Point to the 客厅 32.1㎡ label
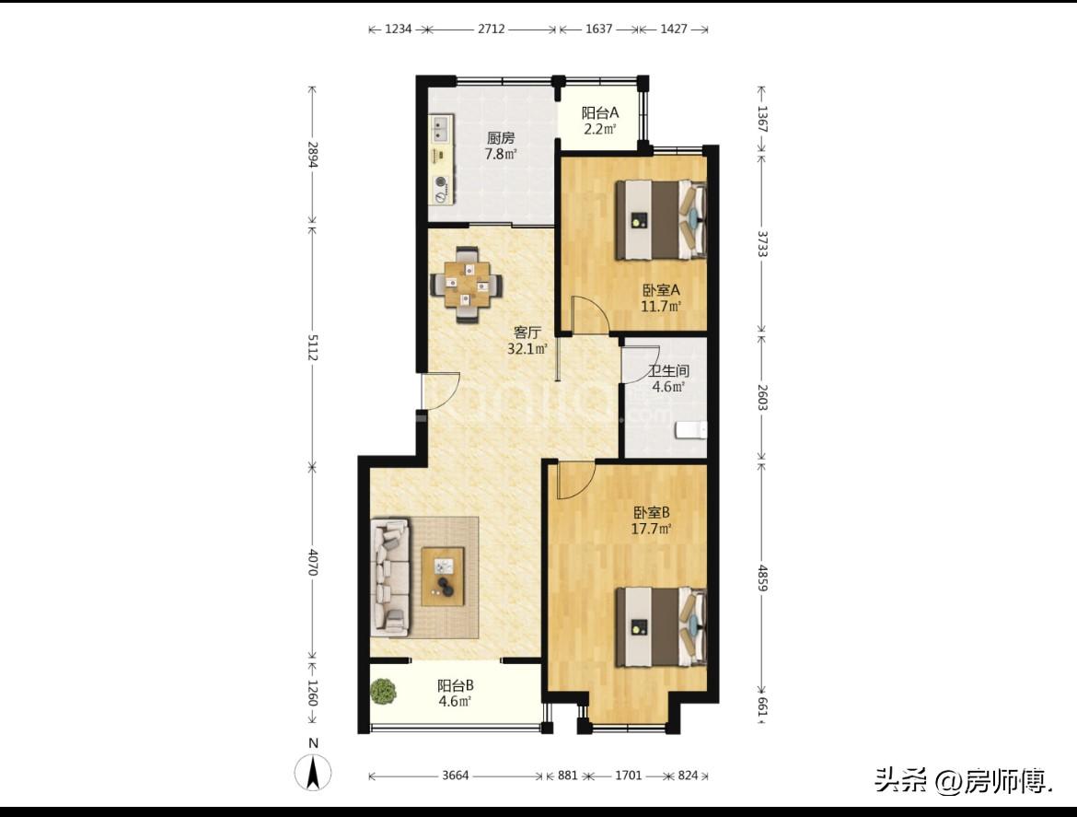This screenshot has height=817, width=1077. pyautogui.click(x=527, y=341)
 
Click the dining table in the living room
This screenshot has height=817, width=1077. pyautogui.click(x=467, y=285)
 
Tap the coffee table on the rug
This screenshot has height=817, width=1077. pyautogui.click(x=443, y=576)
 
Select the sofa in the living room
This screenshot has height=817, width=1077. pyautogui.click(x=390, y=578)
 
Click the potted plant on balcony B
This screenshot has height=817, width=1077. pyautogui.click(x=383, y=691)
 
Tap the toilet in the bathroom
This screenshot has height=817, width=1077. pyautogui.click(x=691, y=430)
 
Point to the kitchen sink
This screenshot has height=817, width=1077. pyautogui.click(x=440, y=126)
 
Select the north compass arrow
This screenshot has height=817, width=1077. pyautogui.click(x=313, y=773)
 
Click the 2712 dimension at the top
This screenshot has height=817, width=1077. pyautogui.click(x=492, y=29)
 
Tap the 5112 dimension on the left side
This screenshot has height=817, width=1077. pyautogui.click(x=313, y=347)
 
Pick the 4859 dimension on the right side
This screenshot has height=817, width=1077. pyautogui.click(x=762, y=578)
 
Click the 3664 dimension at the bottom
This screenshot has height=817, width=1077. pyautogui.click(x=456, y=775)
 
